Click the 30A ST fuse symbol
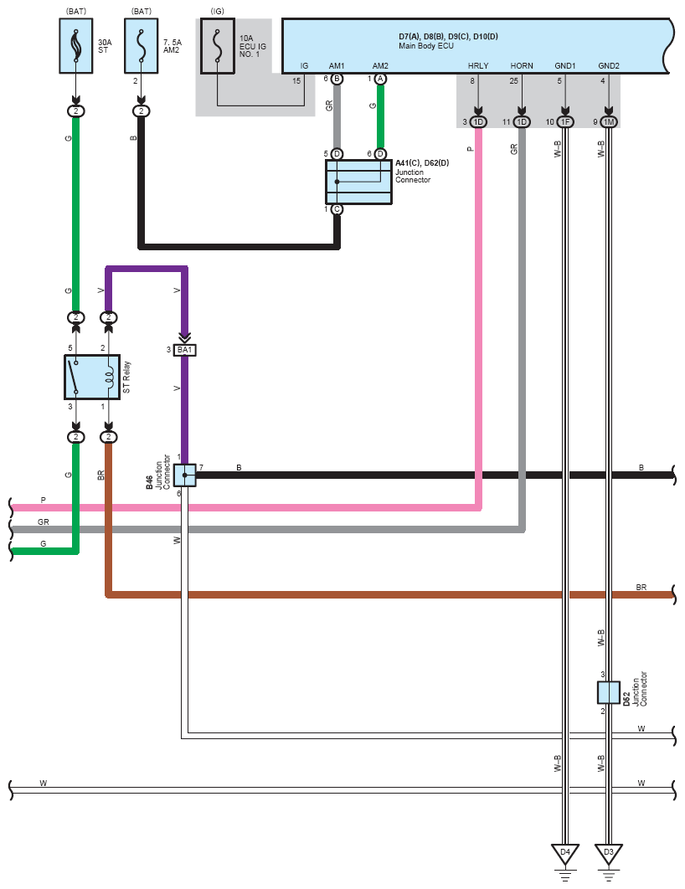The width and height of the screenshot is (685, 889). (76, 46)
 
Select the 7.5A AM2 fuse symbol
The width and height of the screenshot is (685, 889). (142, 46)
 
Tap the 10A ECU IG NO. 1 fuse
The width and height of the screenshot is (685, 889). (217, 46)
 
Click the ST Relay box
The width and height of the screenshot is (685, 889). (92, 377)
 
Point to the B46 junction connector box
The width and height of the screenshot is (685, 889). (185, 475)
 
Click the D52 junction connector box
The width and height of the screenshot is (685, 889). (609, 692)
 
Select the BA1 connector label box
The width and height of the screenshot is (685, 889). (185, 350)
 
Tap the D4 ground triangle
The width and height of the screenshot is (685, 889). (564, 854)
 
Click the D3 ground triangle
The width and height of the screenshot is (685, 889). (609, 854)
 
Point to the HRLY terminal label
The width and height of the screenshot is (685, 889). (478, 66)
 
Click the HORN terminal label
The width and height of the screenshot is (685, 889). (522, 66)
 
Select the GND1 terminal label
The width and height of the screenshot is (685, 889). (564, 66)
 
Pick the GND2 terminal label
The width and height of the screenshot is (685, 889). (609, 66)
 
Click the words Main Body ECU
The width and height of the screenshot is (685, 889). (426, 46)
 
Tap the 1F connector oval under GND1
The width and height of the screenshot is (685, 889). (564, 122)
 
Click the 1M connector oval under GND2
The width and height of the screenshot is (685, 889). (609, 122)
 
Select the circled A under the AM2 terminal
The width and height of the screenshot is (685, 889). (380, 79)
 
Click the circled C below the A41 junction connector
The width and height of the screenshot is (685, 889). (337, 209)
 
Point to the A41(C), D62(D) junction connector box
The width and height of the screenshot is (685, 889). (358, 182)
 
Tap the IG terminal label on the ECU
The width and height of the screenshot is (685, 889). (305, 66)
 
